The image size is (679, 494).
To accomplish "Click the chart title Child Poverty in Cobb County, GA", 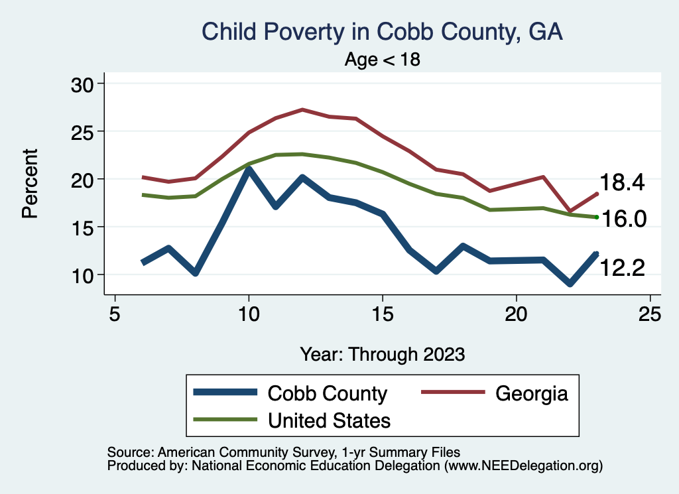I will [x=382, y=32].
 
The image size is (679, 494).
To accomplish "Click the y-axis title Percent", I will [x=29, y=184].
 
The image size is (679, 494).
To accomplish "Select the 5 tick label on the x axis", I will [x=115, y=314].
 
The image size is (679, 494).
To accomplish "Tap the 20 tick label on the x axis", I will [x=516, y=314].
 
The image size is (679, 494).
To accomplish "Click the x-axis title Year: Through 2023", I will [x=382, y=353].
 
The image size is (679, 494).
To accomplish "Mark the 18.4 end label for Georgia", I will [x=622, y=183].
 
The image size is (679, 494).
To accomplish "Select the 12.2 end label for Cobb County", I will [x=622, y=267].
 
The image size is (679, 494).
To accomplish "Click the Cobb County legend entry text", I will [x=327, y=393].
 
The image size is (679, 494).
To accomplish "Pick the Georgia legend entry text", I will [x=532, y=393].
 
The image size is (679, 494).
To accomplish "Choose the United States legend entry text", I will [x=329, y=420].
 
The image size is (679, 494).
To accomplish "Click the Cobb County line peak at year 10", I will [x=249, y=170].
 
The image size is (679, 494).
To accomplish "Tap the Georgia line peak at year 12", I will [x=302, y=109].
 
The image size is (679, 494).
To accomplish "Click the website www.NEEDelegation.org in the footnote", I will [x=523, y=466].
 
